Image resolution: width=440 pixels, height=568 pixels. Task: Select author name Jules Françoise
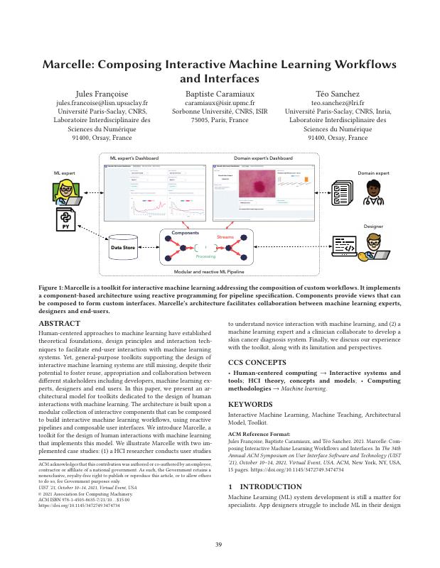click(x=102, y=94)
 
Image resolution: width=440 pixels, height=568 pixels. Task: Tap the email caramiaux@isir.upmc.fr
click(x=220, y=103)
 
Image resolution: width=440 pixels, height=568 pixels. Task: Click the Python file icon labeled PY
click(x=66, y=219)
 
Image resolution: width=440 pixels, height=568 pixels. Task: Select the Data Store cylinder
click(x=123, y=246)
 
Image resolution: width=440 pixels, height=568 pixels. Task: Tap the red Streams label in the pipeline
click(x=225, y=236)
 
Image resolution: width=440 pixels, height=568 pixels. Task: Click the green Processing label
click(x=205, y=256)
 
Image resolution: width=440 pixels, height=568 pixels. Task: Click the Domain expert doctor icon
click(x=372, y=191)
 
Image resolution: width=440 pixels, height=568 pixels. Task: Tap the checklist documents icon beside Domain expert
click(x=341, y=192)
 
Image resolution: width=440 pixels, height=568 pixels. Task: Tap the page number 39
click(x=220, y=545)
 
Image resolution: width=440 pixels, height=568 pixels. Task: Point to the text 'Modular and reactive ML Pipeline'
click(x=208, y=271)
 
